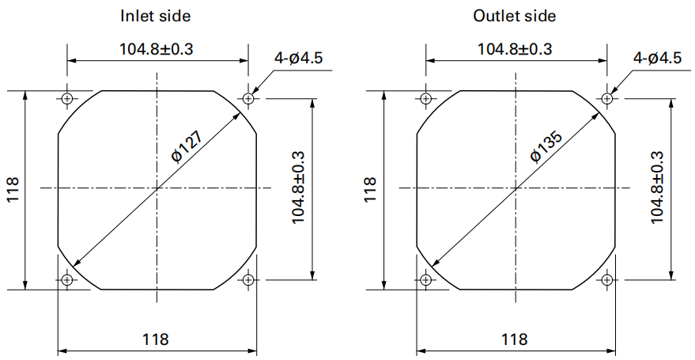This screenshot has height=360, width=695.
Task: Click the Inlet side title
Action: coord(156,17)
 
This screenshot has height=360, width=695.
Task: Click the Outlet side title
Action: coord(514,17)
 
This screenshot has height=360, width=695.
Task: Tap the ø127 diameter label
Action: coord(187,146)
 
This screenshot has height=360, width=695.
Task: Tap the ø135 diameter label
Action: coord(546,146)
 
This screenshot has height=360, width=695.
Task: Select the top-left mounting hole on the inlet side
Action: coord(67,98)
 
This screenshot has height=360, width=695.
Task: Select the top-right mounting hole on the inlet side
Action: coord(248,98)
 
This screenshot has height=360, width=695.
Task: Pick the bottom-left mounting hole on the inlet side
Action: coord(67,280)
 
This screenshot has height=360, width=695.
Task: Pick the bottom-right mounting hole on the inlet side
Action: coord(248,280)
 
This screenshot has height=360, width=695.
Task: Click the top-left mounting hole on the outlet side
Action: coord(425,98)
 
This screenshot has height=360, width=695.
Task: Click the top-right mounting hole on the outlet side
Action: coord(606,98)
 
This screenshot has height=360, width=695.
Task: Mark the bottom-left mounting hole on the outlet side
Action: coord(425,280)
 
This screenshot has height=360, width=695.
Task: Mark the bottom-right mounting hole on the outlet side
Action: coord(606,280)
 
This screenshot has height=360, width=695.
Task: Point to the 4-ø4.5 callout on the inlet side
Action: coord(299,58)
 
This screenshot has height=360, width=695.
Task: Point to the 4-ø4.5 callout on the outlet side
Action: coord(657,58)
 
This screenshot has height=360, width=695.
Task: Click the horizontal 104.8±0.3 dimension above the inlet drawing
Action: coord(157,49)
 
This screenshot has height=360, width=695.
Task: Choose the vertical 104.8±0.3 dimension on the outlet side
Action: coord(657,188)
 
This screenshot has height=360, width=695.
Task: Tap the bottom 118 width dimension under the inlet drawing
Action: coord(156,339)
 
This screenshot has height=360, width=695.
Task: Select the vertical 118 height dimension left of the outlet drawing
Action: coord(370,190)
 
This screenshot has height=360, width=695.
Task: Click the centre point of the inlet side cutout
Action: coord(157,188)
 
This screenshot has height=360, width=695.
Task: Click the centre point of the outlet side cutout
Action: coord(516,188)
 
